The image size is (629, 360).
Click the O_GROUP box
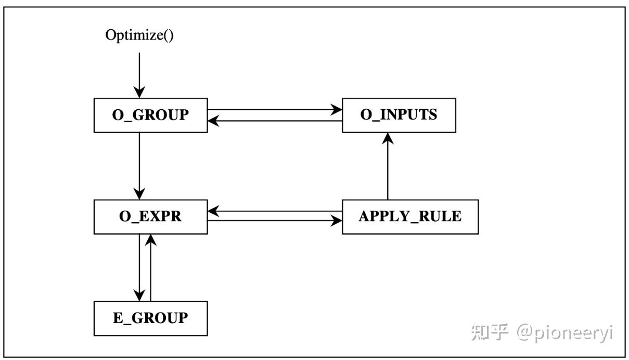(150, 115)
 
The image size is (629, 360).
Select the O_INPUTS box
(399, 115)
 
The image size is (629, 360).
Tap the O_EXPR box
(150, 216)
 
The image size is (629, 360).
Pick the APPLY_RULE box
(410, 216)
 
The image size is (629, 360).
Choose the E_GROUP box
(150, 318)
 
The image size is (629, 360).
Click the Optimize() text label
(139, 35)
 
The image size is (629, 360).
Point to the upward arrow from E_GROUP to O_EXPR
(151, 267)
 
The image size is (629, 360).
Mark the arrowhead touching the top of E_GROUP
(139, 295)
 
